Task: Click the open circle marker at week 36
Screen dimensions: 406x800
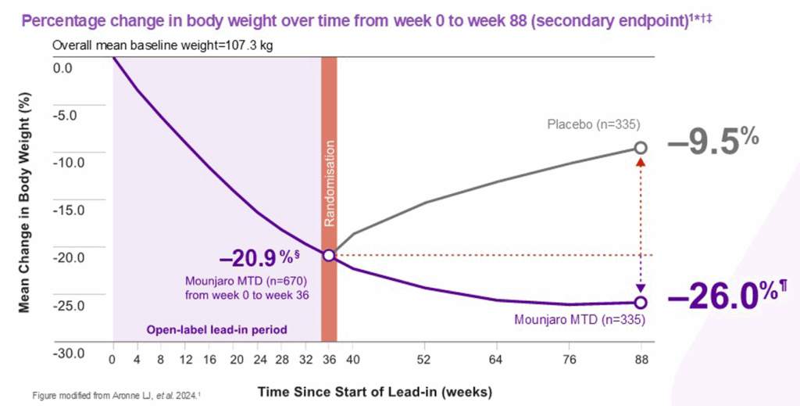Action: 328,256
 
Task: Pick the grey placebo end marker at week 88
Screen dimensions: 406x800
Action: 641,147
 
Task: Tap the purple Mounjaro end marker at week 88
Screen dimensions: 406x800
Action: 641,302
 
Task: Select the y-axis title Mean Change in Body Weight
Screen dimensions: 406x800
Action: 23,210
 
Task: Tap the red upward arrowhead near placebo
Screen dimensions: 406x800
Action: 641,162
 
